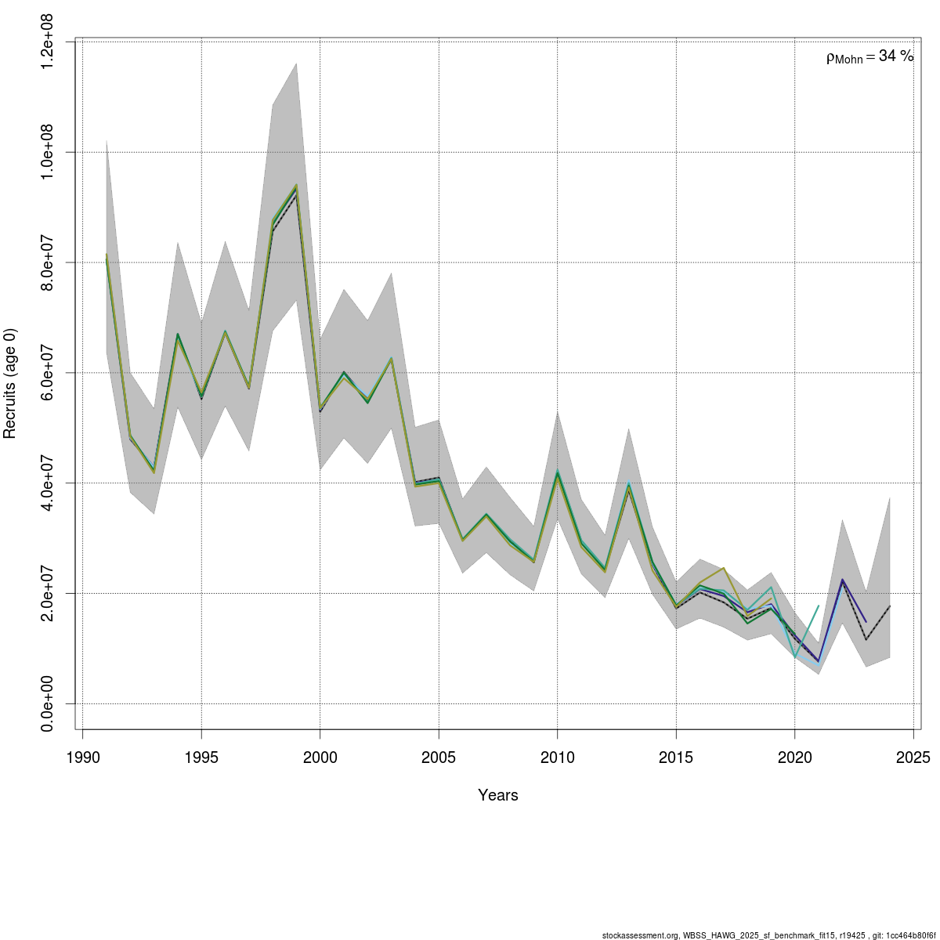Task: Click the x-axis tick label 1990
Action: point(83,757)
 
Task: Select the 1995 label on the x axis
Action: point(201,757)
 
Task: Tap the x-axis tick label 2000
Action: point(320,757)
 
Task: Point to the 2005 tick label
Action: point(439,757)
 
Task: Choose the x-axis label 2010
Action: point(557,757)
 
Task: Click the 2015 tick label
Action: point(676,757)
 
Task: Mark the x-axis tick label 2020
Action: point(794,757)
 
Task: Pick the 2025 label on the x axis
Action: point(913,757)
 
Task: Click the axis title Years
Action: point(498,796)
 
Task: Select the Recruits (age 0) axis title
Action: point(11,384)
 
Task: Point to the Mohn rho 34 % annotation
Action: point(869,56)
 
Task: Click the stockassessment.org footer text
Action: point(768,935)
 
